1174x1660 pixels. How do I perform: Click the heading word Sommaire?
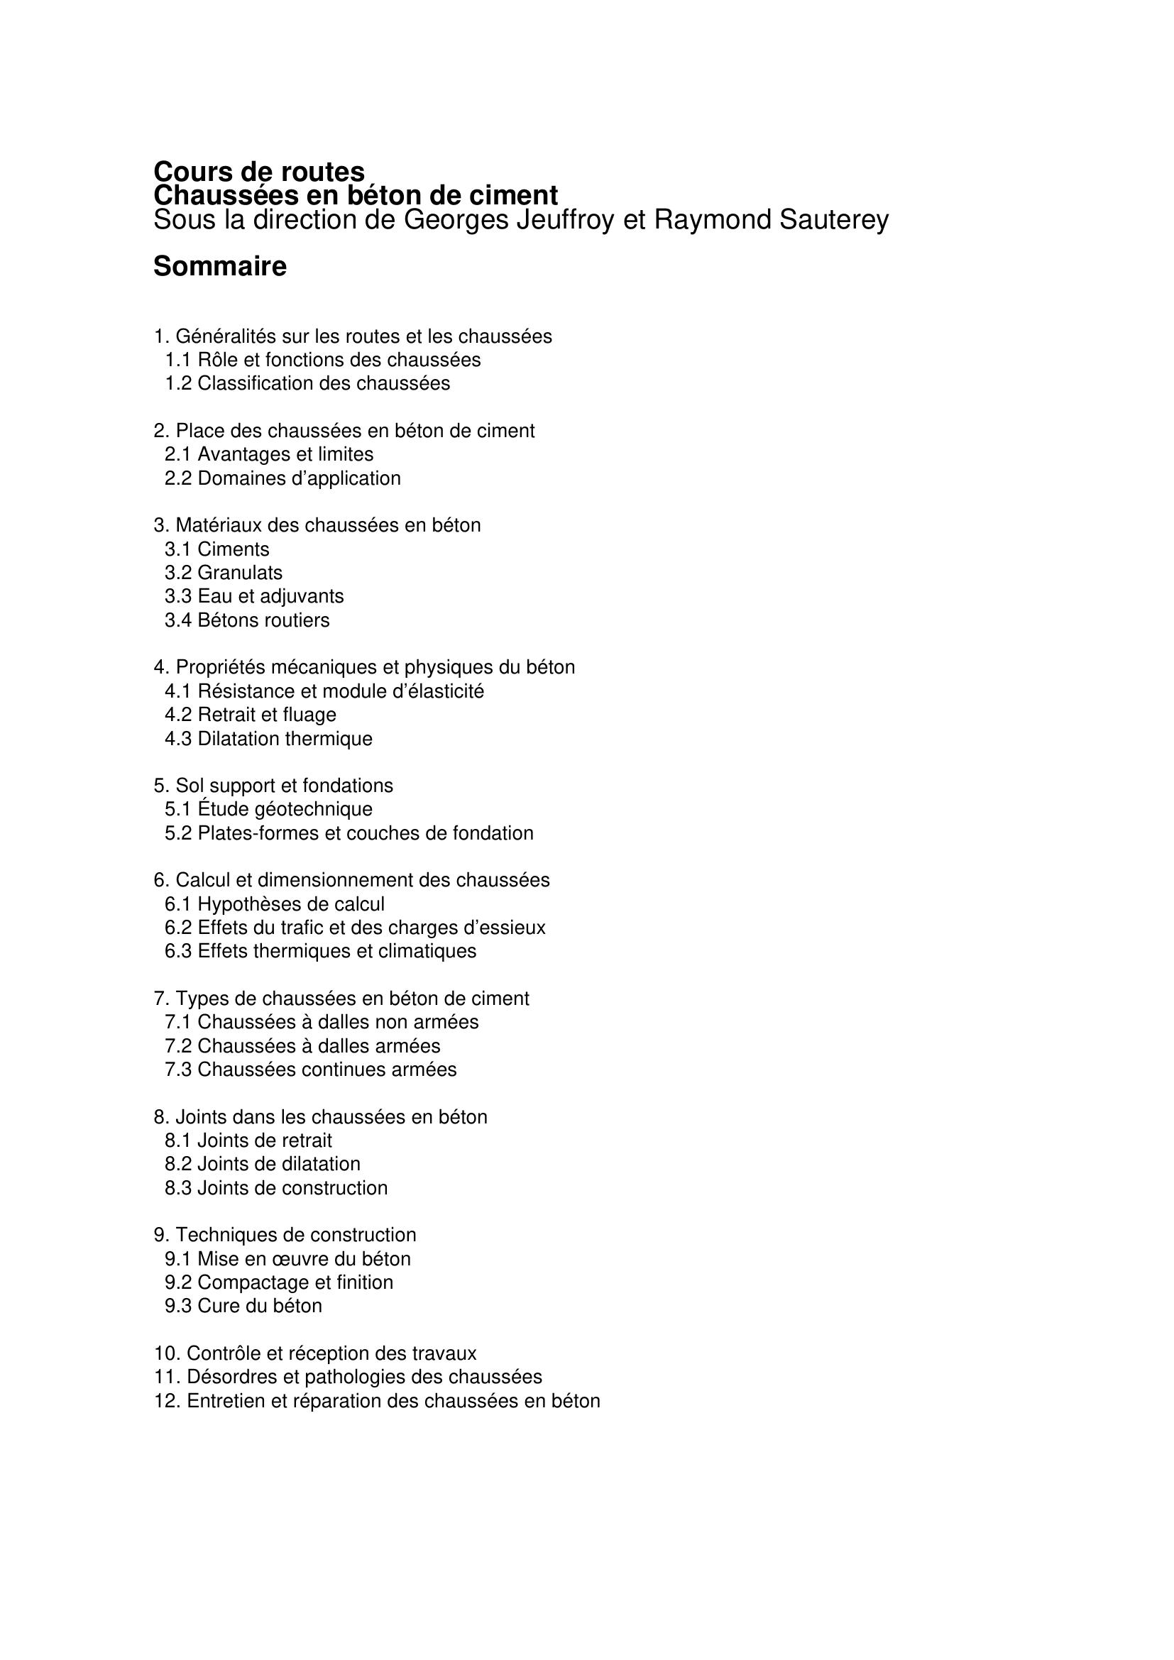pyautogui.click(x=220, y=267)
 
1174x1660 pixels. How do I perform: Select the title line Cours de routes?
pyautogui.click(x=259, y=172)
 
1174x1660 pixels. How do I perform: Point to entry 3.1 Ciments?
pyautogui.click(x=217, y=549)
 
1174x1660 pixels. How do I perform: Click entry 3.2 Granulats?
pyautogui.click(x=224, y=573)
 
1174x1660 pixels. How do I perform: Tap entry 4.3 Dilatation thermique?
pyautogui.click(x=268, y=739)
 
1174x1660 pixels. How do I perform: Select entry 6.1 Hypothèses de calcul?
pyautogui.click(x=274, y=904)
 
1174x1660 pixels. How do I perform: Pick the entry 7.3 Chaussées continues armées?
pyautogui.click(x=310, y=1070)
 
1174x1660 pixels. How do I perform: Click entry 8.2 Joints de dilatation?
pyautogui.click(x=262, y=1164)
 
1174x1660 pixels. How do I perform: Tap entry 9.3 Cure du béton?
pyautogui.click(x=243, y=1306)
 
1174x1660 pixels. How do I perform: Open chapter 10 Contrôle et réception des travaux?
pyautogui.click(x=315, y=1353)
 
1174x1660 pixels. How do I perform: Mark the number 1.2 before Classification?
pyautogui.click(x=178, y=383)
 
